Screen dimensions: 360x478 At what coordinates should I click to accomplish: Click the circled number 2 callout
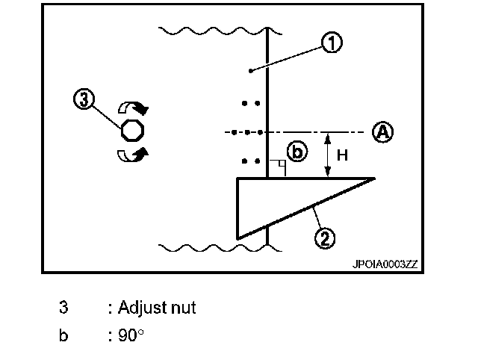324,239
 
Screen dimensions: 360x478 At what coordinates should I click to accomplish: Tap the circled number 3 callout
84,99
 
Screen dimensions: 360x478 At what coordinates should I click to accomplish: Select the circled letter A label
382,132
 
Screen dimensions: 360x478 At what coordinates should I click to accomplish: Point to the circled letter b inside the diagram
297,152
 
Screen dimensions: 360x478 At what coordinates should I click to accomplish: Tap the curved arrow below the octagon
134,155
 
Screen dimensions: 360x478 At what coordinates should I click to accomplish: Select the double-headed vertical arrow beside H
326,155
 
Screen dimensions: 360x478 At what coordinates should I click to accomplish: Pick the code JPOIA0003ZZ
385,264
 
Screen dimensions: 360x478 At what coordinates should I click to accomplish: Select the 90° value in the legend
131,335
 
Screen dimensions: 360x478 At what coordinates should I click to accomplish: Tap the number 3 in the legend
64,307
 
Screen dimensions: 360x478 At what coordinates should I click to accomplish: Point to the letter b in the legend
64,335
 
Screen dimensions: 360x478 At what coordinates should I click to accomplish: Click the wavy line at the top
217,31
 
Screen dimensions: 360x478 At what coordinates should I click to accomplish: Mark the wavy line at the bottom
217,246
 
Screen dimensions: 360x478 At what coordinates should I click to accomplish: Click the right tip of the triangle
373,179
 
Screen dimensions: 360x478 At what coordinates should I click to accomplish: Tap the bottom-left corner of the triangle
238,238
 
